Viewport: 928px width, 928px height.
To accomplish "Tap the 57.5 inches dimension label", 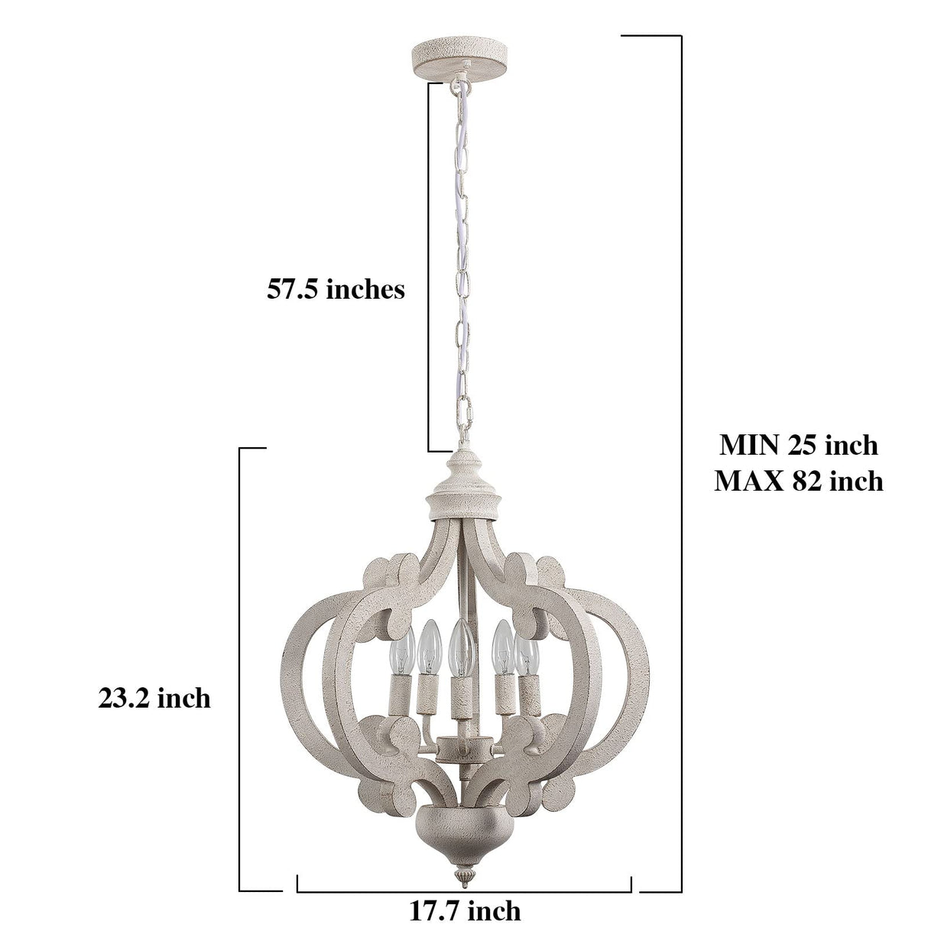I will tap(336, 290).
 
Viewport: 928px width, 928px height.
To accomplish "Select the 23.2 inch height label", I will tap(154, 698).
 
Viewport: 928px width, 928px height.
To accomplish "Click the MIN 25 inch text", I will tap(799, 445).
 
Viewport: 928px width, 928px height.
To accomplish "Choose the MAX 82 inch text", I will tap(799, 481).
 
